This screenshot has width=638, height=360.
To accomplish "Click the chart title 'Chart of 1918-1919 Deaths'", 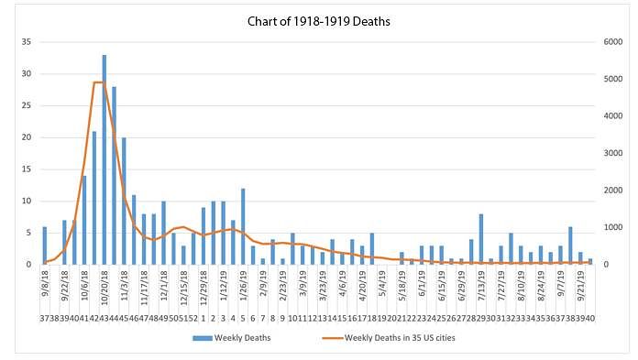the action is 319,21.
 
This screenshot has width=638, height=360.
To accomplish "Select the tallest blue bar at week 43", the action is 104,159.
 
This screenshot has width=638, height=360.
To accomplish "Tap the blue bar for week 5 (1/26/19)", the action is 243,226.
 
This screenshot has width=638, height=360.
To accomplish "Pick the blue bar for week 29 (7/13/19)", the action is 481,239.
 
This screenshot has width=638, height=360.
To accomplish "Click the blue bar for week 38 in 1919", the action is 570,245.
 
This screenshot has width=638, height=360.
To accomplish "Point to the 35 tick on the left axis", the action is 27,42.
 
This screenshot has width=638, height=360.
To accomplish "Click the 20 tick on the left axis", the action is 27,137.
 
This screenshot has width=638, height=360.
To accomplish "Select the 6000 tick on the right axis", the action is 612,42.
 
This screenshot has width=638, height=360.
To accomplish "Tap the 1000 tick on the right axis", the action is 612,227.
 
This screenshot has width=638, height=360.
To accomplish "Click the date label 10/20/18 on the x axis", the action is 104,289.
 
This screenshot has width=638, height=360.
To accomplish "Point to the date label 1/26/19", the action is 243,286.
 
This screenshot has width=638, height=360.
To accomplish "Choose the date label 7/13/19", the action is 481,286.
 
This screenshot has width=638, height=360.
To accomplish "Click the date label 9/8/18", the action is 44,284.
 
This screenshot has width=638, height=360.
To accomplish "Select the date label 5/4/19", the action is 382,284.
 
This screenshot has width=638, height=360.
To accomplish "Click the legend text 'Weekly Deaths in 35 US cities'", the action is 400,338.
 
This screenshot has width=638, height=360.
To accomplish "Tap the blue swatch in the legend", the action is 203,338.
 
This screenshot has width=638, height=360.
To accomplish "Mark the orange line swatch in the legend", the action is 332,338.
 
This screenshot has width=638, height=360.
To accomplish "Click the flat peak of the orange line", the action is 99,82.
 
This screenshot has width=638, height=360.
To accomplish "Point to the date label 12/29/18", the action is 203,289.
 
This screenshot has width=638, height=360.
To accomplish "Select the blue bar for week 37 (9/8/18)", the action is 45,245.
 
